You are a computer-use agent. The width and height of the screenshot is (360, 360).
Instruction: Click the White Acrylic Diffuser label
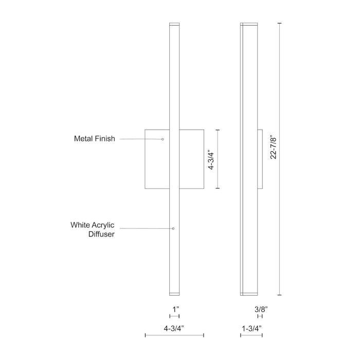click(x=92, y=229)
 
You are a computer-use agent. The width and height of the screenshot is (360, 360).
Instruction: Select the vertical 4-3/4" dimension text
click(x=209, y=159)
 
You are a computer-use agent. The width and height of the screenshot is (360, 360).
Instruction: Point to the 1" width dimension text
click(x=175, y=310)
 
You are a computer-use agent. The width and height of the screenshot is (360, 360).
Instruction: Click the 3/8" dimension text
click(x=261, y=310)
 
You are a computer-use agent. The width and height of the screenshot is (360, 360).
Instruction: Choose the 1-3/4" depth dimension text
click(x=251, y=327)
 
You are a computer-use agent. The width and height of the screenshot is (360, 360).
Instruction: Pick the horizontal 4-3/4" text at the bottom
click(x=175, y=327)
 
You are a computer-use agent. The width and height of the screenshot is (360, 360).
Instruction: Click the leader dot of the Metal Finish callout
click(x=163, y=139)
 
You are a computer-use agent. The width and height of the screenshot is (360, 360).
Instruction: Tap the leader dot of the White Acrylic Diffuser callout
click(x=173, y=228)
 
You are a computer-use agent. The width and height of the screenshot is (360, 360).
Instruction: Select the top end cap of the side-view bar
click(x=249, y=24)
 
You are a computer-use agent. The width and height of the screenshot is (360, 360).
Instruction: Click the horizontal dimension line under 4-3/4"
click(x=175, y=335)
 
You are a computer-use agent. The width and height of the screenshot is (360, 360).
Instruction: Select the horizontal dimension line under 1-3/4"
click(x=251, y=335)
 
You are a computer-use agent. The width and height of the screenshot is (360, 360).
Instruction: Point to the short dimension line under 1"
click(x=175, y=318)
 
